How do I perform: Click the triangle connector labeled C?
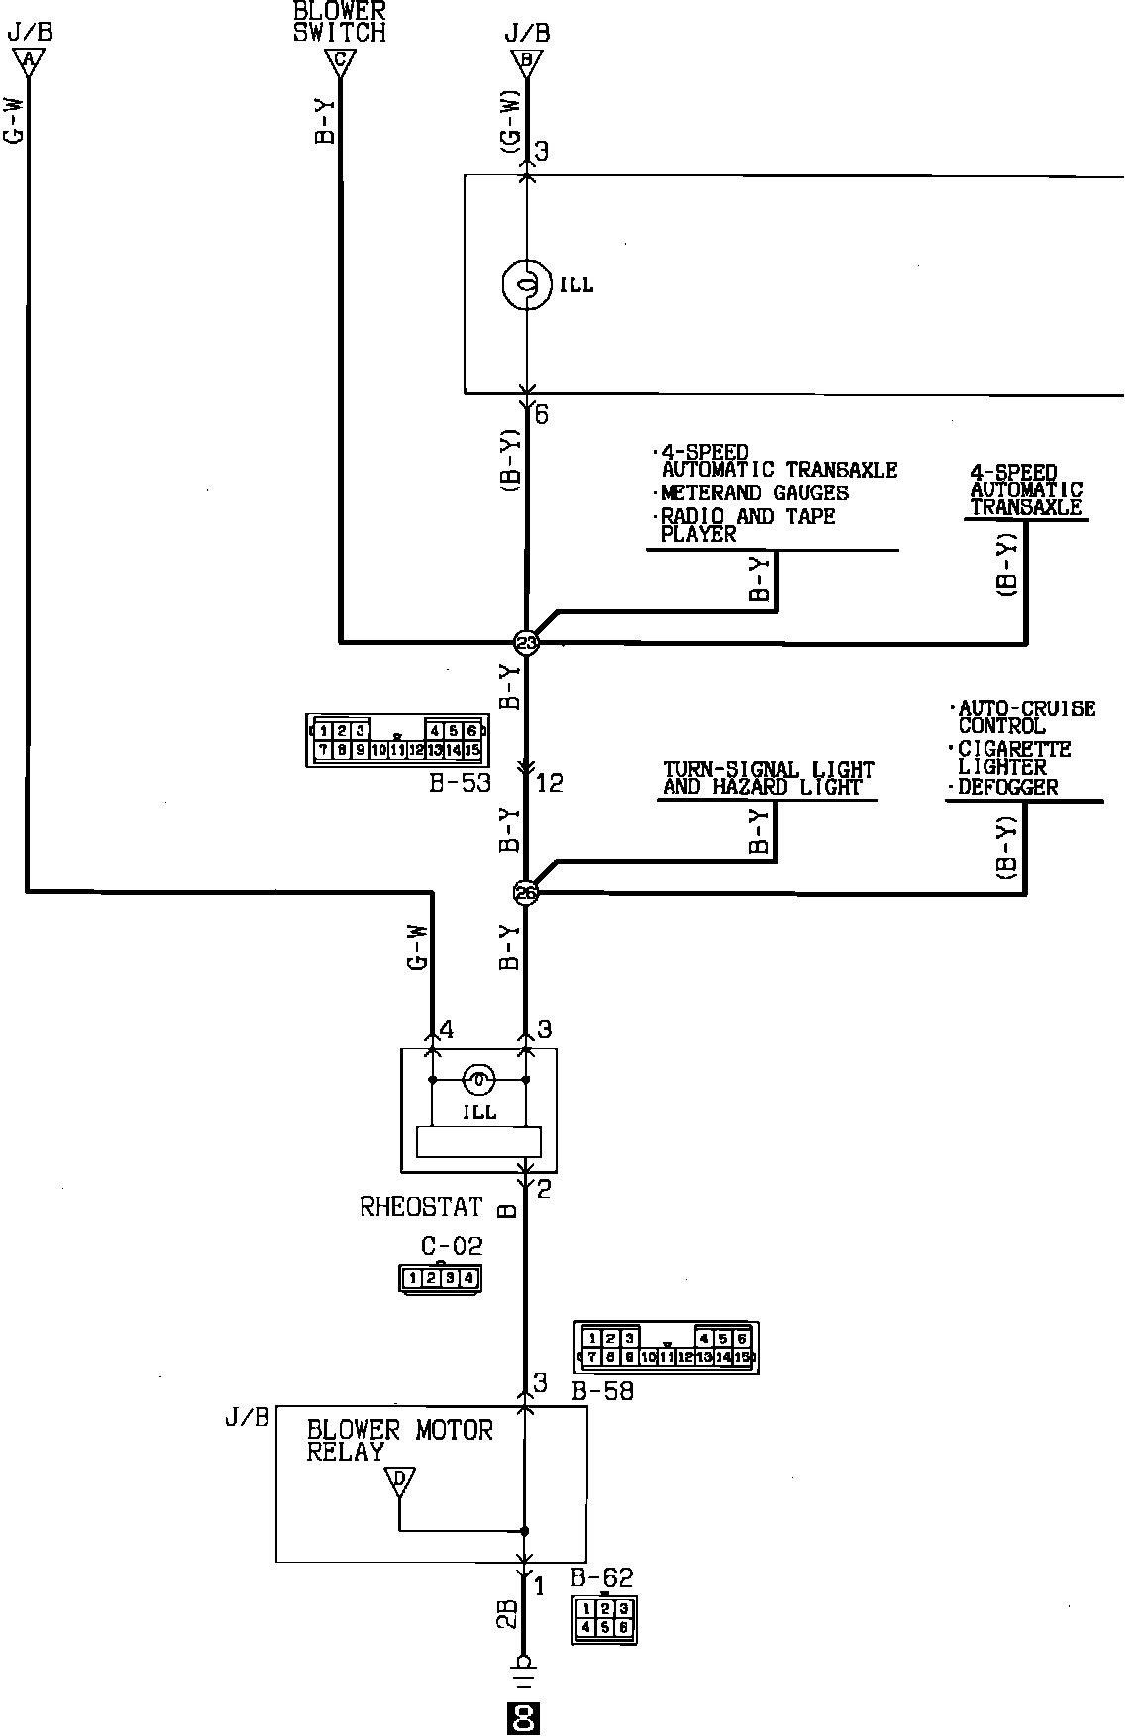340,62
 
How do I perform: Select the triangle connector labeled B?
526,62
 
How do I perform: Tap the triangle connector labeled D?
399,1483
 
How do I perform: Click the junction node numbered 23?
526,643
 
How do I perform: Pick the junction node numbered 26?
526,893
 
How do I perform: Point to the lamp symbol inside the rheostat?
478,1079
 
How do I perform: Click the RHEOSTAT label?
421,1207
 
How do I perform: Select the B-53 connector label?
460,783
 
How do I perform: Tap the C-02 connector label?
452,1246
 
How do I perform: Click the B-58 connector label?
602,1391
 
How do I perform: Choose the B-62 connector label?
601,1577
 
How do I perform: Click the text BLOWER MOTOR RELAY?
399,1441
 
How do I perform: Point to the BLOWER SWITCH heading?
339,22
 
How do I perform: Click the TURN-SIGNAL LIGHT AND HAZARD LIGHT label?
768,778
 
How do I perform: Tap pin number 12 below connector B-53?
549,783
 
